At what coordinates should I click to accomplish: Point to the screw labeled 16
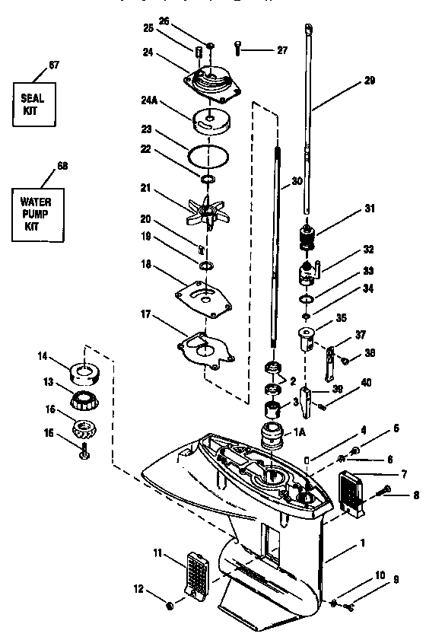tap(82, 454)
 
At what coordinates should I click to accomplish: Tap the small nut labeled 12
tap(170, 606)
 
